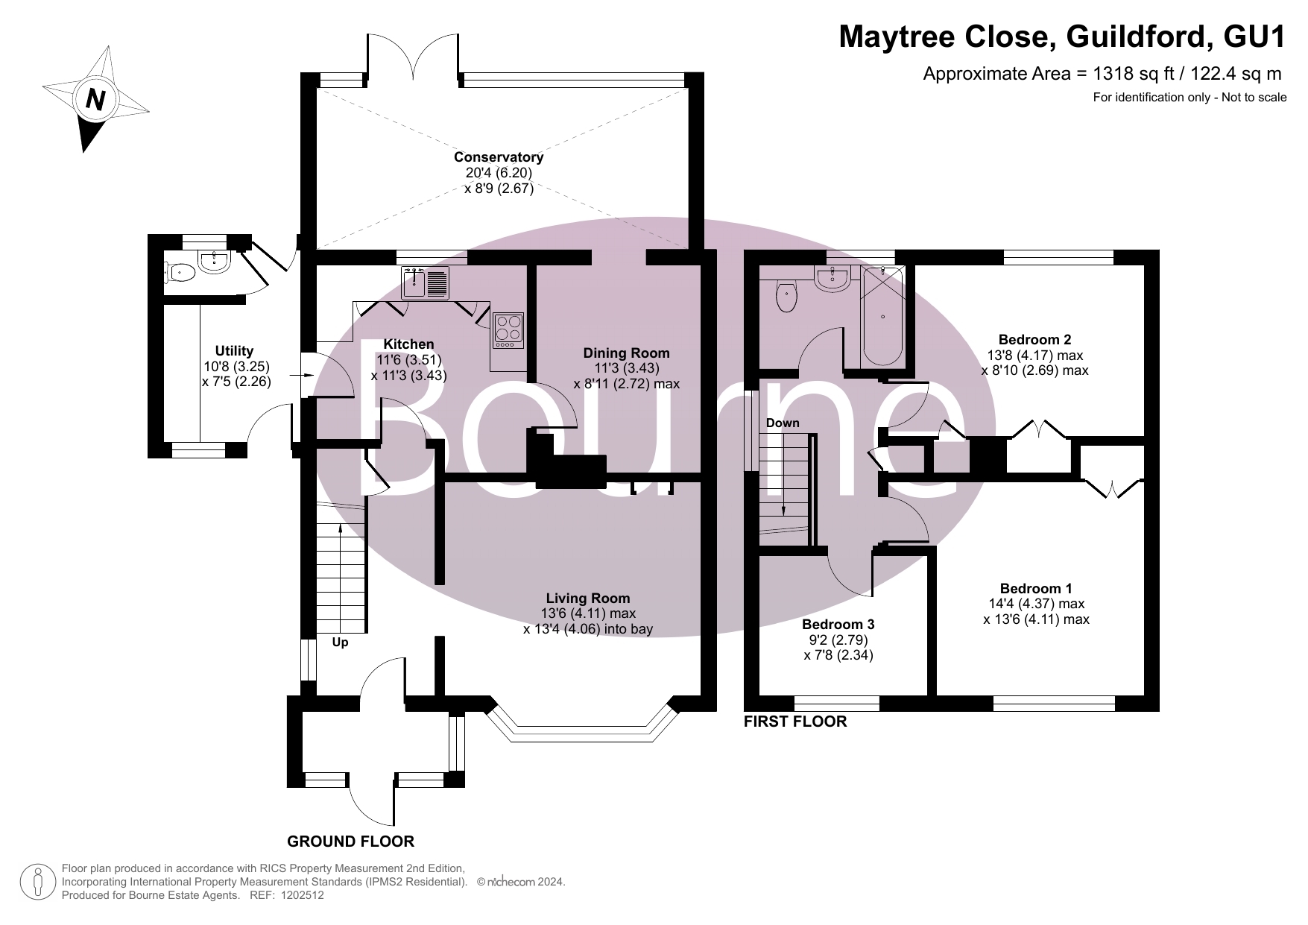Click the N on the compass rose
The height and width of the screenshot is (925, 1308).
click(95, 99)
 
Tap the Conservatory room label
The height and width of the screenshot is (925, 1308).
click(499, 157)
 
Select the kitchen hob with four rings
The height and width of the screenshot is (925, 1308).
click(508, 329)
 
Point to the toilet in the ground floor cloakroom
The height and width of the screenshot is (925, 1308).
click(179, 274)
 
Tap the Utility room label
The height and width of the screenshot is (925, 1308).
click(234, 351)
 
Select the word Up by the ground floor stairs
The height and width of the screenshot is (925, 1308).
click(340, 642)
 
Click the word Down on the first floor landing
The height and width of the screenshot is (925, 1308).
click(783, 423)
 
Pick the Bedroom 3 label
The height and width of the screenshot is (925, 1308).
click(838, 625)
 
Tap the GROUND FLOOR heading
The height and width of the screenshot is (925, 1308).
click(350, 842)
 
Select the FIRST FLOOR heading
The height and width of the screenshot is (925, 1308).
click(795, 722)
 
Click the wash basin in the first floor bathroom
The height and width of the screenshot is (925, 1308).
click(833, 279)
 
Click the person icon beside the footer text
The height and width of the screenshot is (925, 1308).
click(38, 882)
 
